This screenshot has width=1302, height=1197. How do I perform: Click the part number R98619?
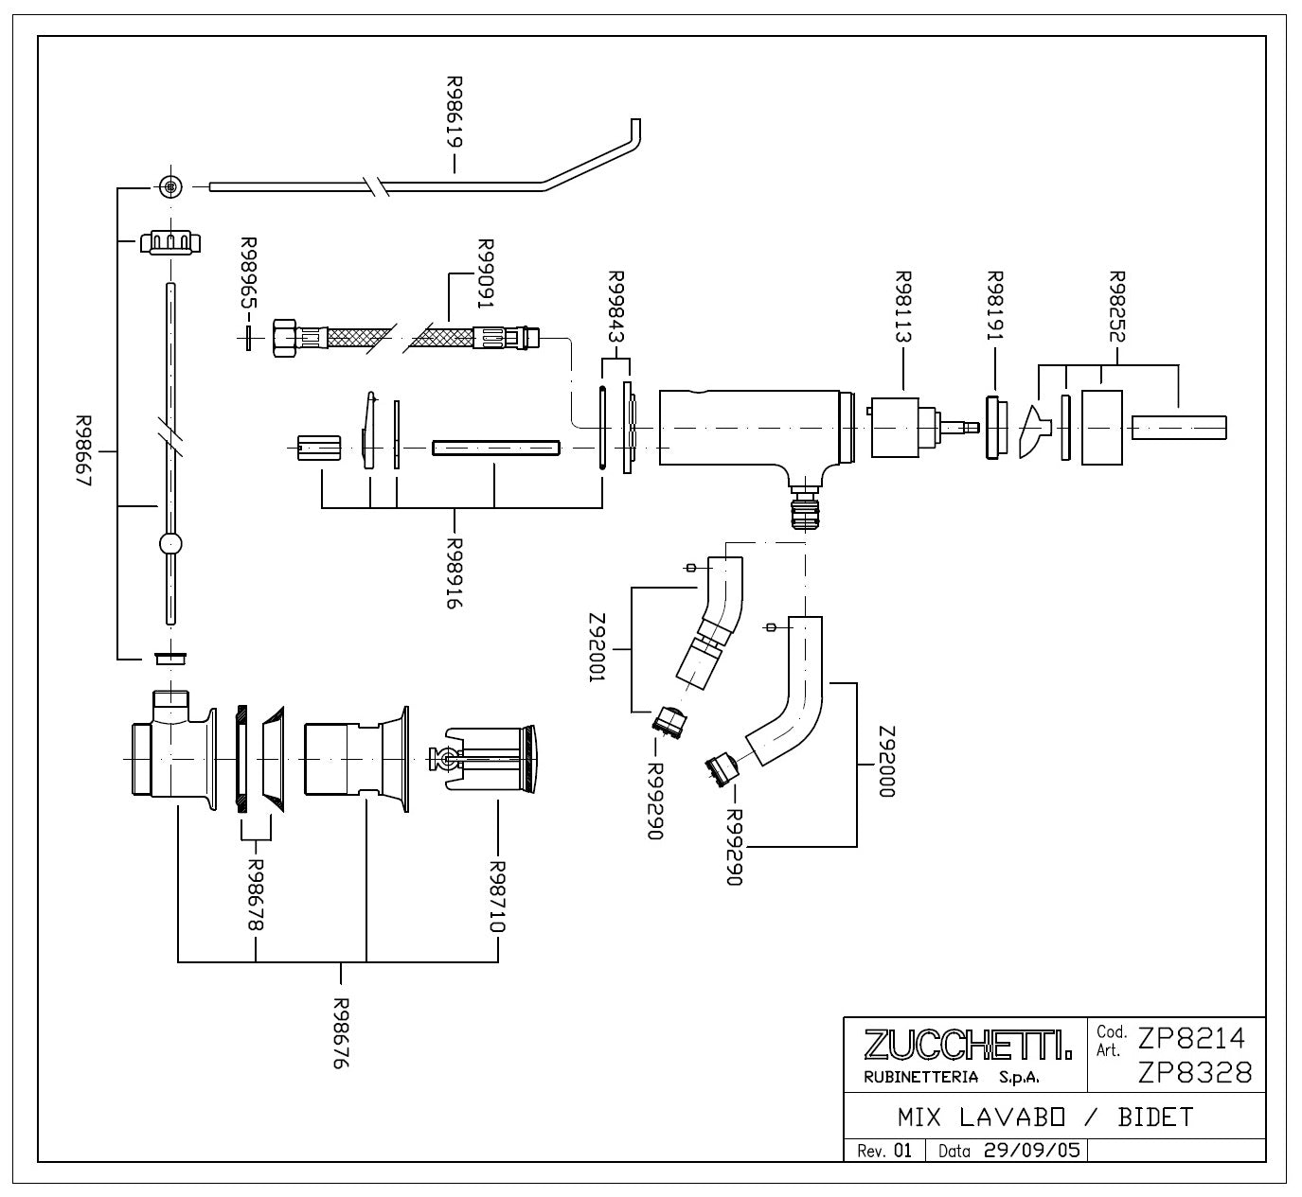[x=455, y=113]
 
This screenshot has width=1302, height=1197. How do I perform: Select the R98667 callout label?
[x=84, y=450]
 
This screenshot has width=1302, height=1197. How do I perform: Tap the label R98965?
[x=249, y=273]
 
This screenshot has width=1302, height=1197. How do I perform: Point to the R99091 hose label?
[x=486, y=273]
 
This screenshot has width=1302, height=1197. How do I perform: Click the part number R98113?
[x=903, y=307]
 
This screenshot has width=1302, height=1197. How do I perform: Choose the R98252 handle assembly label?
[x=1117, y=307]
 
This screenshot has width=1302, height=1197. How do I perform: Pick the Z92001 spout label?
[x=597, y=647]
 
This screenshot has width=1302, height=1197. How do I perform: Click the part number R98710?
[x=497, y=897]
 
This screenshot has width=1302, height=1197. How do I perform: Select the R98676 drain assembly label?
[x=341, y=1033]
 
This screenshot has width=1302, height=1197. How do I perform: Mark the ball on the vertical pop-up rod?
[x=170, y=544]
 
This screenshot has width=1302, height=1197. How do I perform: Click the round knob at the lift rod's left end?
[x=170, y=186]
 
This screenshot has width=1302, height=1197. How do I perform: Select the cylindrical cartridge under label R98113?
[x=895, y=428]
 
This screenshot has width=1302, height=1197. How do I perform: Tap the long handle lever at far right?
[x=1179, y=429]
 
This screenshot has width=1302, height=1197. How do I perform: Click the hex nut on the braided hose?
[x=284, y=338]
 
